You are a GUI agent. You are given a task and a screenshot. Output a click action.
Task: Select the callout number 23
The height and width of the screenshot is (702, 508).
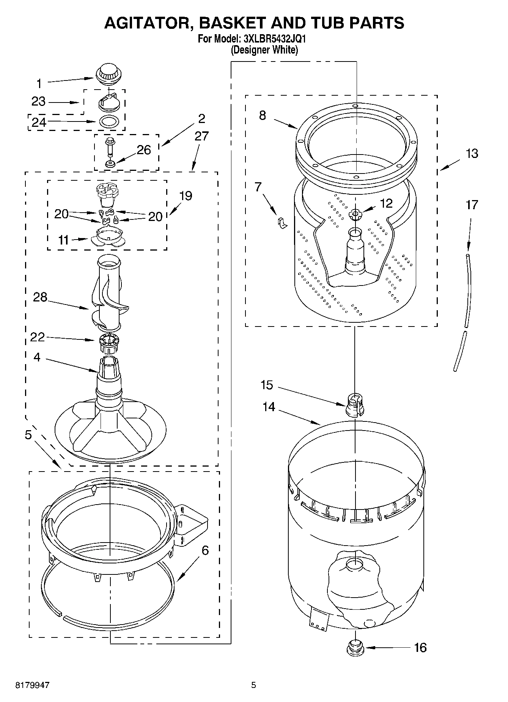tap(39, 102)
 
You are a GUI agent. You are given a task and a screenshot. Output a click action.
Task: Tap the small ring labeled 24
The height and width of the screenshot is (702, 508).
tap(109, 121)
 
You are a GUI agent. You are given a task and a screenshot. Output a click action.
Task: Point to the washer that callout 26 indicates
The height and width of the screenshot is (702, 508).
tap(110, 164)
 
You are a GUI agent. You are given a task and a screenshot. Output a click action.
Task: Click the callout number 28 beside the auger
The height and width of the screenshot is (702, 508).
tap(40, 297)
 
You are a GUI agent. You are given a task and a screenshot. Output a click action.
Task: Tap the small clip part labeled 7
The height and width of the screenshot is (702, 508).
tap(282, 224)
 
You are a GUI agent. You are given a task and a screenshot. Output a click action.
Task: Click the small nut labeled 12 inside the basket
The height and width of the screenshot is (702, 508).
tap(355, 215)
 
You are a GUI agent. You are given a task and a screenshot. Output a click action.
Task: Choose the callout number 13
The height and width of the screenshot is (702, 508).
tap(472, 154)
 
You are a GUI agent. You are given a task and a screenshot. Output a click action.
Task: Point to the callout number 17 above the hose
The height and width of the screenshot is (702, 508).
tap(472, 205)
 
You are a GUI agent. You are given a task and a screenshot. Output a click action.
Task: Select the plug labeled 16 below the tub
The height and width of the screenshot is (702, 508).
tap(355, 647)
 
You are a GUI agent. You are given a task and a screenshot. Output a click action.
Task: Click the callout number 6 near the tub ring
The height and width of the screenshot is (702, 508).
tap(205, 550)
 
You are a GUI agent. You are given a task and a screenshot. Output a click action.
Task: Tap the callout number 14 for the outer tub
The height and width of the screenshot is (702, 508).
tap(269, 407)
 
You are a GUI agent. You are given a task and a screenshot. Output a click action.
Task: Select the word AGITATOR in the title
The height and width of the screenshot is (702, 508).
tap(148, 23)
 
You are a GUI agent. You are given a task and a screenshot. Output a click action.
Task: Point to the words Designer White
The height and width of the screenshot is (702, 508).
tap(264, 50)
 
